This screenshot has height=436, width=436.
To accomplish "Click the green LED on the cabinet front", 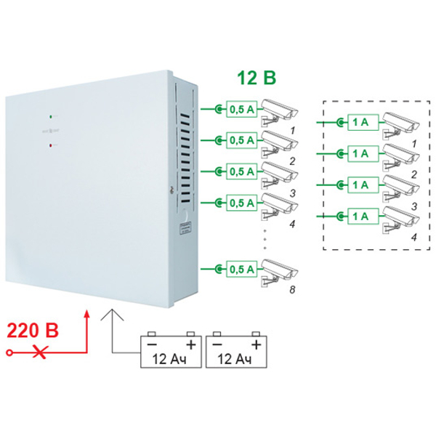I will pos(49,115).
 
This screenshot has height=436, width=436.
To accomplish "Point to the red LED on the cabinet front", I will pos(49,146).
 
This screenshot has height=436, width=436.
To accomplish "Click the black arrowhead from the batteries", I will pos(111,313).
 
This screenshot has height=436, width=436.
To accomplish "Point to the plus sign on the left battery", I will pos(191,342).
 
